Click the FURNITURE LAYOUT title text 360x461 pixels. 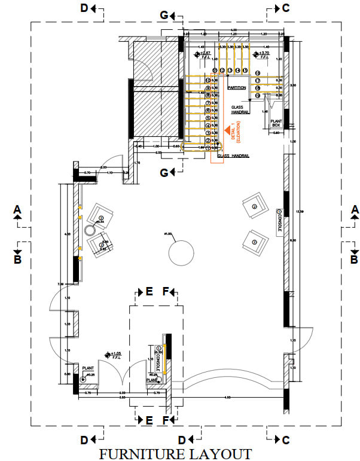(x=175, y=453)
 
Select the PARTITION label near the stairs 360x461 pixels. (x=236, y=88)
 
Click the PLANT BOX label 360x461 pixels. (x=276, y=123)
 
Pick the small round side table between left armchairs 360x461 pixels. (x=90, y=230)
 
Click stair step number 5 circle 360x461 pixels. (x=208, y=111)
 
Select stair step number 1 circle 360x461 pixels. (x=208, y=141)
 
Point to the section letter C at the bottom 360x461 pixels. (x=286, y=440)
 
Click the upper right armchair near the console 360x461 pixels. (x=254, y=207)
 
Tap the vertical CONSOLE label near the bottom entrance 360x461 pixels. (x=158, y=359)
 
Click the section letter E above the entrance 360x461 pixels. (x=149, y=292)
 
